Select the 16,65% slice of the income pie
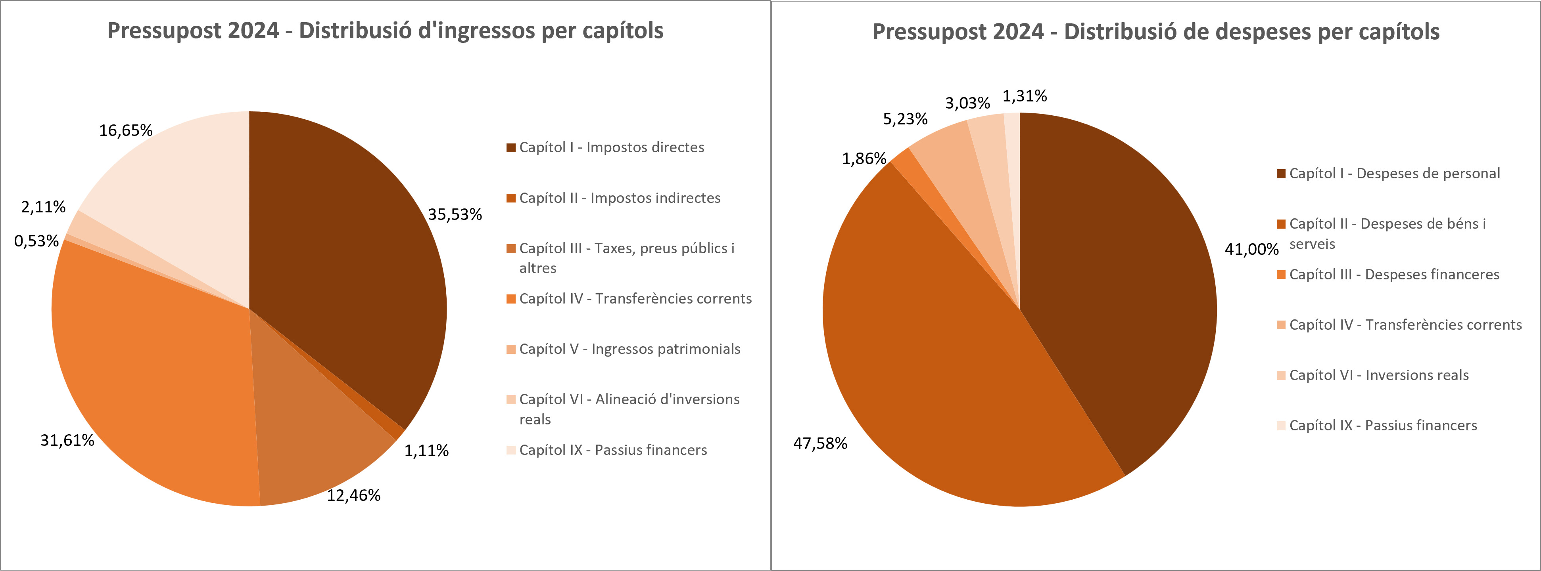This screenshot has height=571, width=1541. [x=179, y=191]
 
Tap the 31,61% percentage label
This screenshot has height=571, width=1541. [x=67, y=440]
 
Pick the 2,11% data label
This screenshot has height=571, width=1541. [x=43, y=207]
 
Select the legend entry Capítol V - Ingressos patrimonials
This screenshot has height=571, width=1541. [x=629, y=349]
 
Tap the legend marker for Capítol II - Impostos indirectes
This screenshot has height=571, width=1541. [x=511, y=198]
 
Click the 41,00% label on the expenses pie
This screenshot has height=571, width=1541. [x=1251, y=249]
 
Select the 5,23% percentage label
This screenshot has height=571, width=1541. [x=905, y=119]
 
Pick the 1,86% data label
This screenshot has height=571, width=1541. [x=864, y=159]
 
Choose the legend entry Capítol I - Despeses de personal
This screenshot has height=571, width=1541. [x=1394, y=174]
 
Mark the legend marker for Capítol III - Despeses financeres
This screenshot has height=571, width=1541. [x=1281, y=275]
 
